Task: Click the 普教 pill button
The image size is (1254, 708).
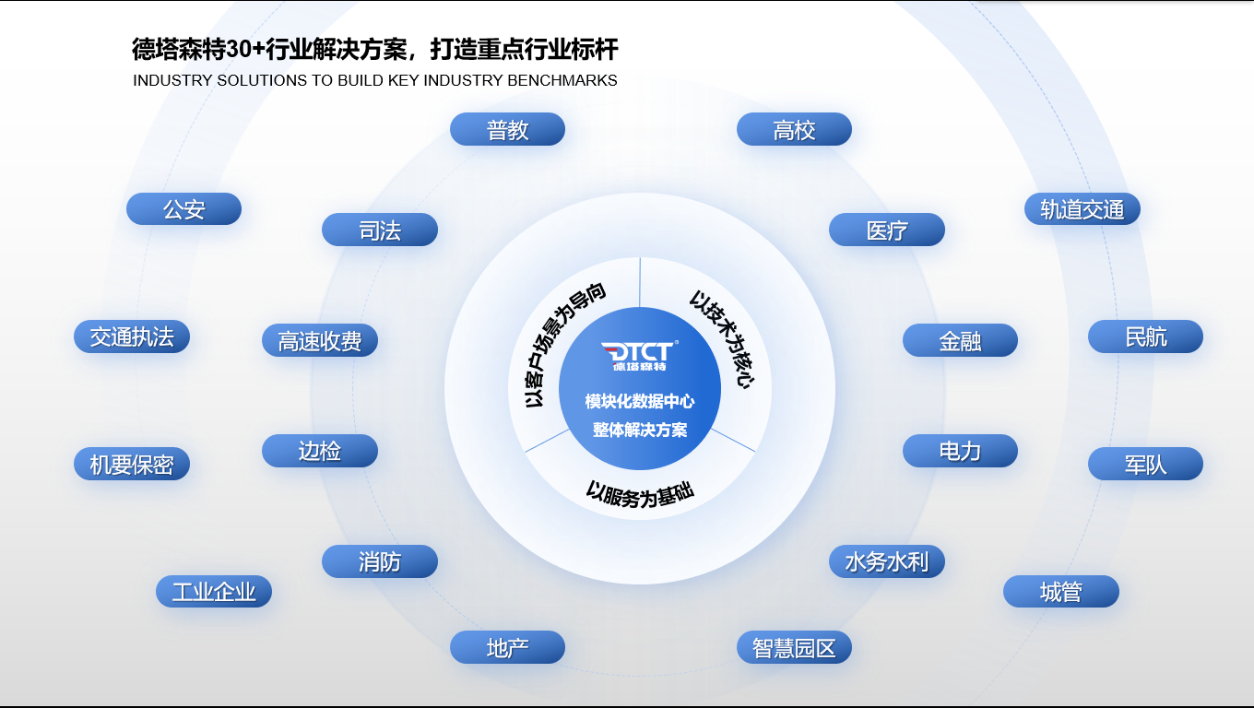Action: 507,129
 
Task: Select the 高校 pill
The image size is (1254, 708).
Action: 794,129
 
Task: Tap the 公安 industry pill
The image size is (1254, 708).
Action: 183,209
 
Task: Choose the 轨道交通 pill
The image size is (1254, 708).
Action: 1082,209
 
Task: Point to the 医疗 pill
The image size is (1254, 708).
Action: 887,230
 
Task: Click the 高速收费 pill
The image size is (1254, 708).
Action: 320,340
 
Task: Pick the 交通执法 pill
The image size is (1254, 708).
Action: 132,336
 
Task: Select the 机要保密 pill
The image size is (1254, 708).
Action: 132,464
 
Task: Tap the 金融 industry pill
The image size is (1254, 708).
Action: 960,340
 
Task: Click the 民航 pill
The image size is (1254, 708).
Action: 1145,336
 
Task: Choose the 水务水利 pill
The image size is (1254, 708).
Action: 887,561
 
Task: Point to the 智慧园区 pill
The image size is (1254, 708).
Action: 794,647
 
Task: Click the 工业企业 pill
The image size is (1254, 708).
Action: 214,592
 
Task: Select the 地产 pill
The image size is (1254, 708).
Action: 507,647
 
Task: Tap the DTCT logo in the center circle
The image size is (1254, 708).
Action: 639,356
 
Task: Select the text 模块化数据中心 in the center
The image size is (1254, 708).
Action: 639,401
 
